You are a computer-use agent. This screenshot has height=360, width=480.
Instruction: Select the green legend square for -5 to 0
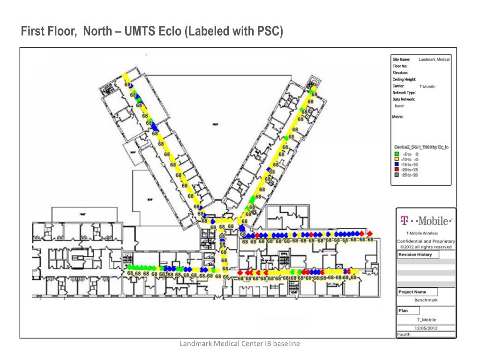coord(397,154)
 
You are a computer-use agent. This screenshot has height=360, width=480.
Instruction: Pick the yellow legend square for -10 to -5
coord(397,159)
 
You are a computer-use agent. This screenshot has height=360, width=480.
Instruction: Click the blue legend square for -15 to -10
coord(397,165)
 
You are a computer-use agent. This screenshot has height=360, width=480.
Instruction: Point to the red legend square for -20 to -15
coord(397,170)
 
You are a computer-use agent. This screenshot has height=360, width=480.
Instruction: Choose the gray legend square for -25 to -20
coord(397,175)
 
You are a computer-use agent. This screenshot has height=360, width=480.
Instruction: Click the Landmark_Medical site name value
coord(434,60)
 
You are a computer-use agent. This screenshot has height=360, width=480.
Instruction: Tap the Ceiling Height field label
coord(404,80)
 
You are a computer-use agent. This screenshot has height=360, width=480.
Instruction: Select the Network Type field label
coord(404,93)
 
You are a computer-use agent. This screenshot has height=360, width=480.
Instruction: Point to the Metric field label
coord(398,117)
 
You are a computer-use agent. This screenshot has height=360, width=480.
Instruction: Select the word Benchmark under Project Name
coord(426,300)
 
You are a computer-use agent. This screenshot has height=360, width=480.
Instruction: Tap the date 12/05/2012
coord(426,328)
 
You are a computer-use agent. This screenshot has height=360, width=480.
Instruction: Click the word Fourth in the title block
coord(404,335)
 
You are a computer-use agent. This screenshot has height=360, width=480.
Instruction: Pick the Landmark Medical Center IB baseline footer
coord(240,344)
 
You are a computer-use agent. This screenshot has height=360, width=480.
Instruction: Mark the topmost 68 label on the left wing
coord(127,84)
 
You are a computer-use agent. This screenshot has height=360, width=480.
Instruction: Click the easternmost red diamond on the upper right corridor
coord(369,233)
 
